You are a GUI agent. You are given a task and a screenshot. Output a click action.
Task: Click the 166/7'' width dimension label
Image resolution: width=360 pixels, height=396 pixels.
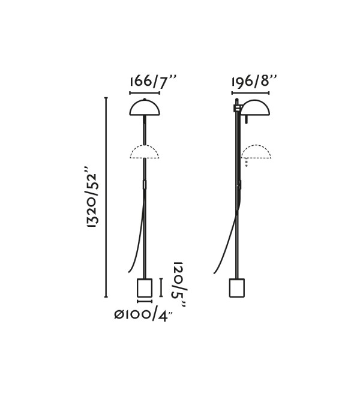pyautogui.click(x=152, y=82)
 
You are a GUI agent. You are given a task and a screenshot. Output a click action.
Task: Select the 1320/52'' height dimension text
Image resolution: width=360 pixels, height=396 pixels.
pyautogui.click(x=91, y=197)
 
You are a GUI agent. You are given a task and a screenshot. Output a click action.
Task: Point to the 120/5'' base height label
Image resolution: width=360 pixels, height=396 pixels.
pyautogui.click(x=179, y=284)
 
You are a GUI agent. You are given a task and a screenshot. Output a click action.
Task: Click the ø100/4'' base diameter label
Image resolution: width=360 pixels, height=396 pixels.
pyautogui.click(x=143, y=314)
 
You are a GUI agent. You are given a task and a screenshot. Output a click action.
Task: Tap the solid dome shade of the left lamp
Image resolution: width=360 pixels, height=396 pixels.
pyautogui.click(x=145, y=107)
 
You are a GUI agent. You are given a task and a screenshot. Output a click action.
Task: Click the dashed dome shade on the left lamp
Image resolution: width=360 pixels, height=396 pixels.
pyautogui.click(x=145, y=152)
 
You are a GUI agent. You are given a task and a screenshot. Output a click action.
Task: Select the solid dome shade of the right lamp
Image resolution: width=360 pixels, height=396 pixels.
pyautogui.click(x=255, y=107)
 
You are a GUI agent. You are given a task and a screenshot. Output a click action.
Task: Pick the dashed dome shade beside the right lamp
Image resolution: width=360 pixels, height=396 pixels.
pyautogui.click(x=256, y=152)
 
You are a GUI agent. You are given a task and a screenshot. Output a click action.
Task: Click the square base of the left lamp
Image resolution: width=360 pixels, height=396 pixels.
pyautogui.click(x=145, y=288)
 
